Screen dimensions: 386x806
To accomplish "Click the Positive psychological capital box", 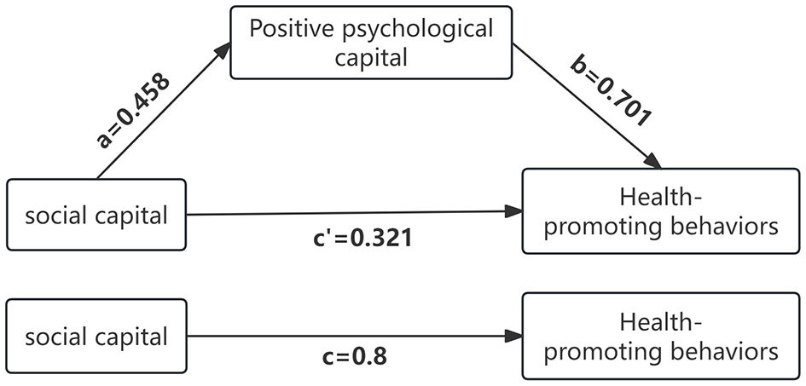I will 370,43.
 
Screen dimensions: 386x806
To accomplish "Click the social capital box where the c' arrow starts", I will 96,216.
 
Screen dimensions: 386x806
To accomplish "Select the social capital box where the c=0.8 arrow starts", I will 96,337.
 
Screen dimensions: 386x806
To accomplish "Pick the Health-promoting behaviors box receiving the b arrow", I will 662,211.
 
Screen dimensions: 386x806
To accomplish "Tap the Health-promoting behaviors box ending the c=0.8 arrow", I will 662,337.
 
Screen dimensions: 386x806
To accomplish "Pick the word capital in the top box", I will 370,59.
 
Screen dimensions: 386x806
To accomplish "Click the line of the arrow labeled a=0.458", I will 158,116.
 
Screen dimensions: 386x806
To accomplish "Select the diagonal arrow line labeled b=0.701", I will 589,106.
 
